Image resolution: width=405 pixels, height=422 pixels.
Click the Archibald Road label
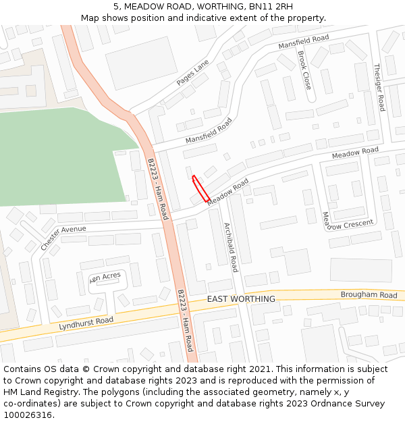tap(231, 247)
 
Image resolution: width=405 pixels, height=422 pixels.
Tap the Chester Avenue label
tap(63, 238)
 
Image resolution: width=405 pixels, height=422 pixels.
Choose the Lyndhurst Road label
tap(86, 323)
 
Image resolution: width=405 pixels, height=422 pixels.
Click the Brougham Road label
tap(369, 295)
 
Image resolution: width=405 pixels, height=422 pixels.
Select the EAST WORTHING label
tap(241, 299)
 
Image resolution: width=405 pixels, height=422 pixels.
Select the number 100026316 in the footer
tap(27, 415)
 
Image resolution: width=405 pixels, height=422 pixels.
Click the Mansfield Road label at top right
tap(304, 42)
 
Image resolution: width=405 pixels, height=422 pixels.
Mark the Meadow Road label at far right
tap(355, 153)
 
